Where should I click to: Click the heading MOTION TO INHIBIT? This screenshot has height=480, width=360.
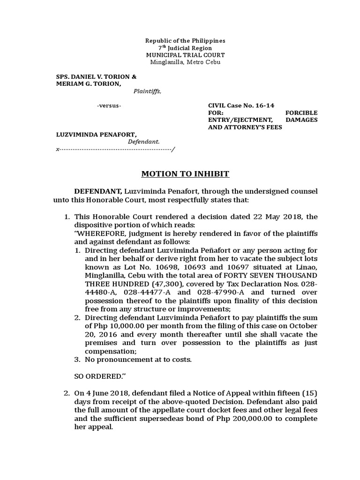pyautogui.click(x=186, y=174)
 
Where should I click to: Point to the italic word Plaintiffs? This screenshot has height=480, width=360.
pyautogui.click(x=147, y=91)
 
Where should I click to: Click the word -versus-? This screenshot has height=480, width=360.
pyautogui.click(x=109, y=105)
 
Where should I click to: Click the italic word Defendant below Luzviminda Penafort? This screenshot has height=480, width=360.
pyautogui.click(x=144, y=141)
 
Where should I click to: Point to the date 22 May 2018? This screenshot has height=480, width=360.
pyautogui.click(x=270, y=217)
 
